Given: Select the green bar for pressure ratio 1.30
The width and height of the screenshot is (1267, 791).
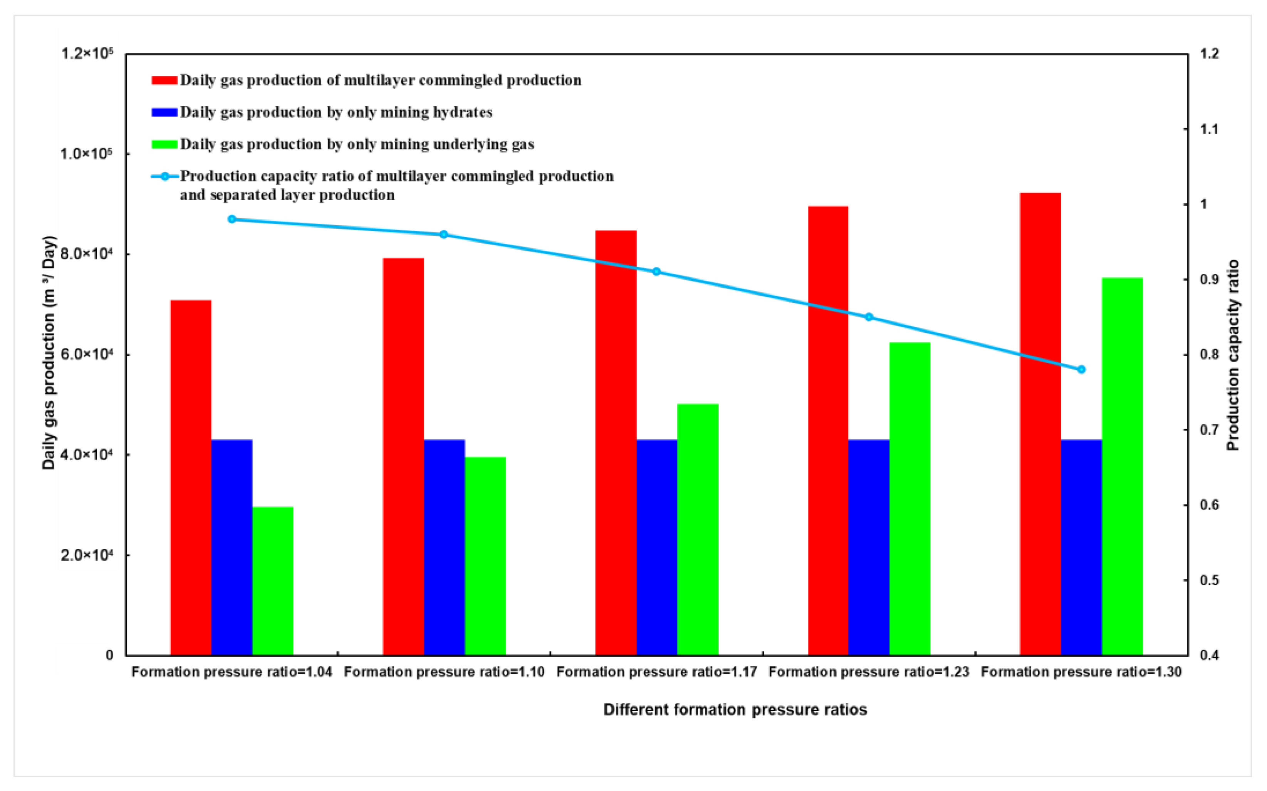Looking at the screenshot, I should coord(1122,466).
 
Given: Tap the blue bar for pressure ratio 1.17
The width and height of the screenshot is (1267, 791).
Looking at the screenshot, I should coord(657,547).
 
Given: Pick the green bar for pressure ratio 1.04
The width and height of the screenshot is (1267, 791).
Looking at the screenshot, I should coord(273,581).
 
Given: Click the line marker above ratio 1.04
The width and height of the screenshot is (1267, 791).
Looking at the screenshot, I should coord(232,219).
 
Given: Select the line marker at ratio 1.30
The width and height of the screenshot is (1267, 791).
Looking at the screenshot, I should coord(1081,369).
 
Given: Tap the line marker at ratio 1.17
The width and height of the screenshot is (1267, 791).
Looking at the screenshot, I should coord(656,271).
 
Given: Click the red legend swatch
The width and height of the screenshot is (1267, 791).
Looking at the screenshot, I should coord(164,80).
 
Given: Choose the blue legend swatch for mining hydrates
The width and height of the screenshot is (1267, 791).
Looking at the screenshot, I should coord(164,112).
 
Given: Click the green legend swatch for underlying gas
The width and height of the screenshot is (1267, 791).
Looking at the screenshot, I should coord(164,144).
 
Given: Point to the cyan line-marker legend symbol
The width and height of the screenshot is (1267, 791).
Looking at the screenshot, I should coord(165,177).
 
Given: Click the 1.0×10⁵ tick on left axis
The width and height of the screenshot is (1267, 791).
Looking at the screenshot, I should coord(86,154).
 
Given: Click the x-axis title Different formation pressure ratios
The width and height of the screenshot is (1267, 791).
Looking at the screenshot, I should coord(735,710).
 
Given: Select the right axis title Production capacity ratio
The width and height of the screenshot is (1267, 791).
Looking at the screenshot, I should coord(1233,355).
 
